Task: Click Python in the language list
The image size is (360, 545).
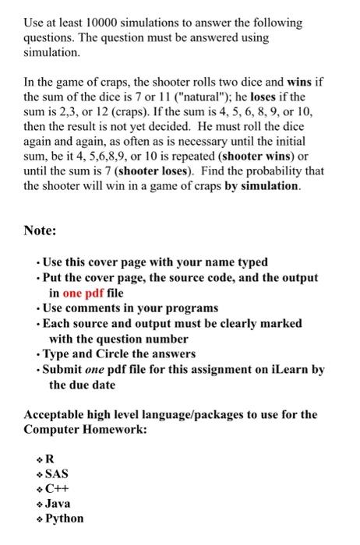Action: [64, 519]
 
